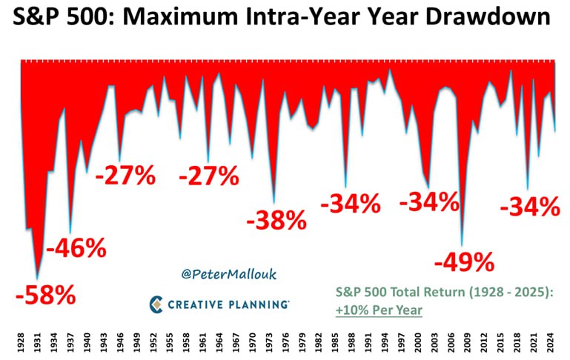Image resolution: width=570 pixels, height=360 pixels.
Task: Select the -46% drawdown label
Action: pyautogui.click(x=76, y=247)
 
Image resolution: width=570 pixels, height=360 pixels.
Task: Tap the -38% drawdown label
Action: pyautogui.click(x=276, y=220)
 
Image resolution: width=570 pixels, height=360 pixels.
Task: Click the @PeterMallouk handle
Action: pyautogui.click(x=229, y=274)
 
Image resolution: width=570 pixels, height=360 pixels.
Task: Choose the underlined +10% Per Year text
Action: pyautogui.click(x=379, y=310)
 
